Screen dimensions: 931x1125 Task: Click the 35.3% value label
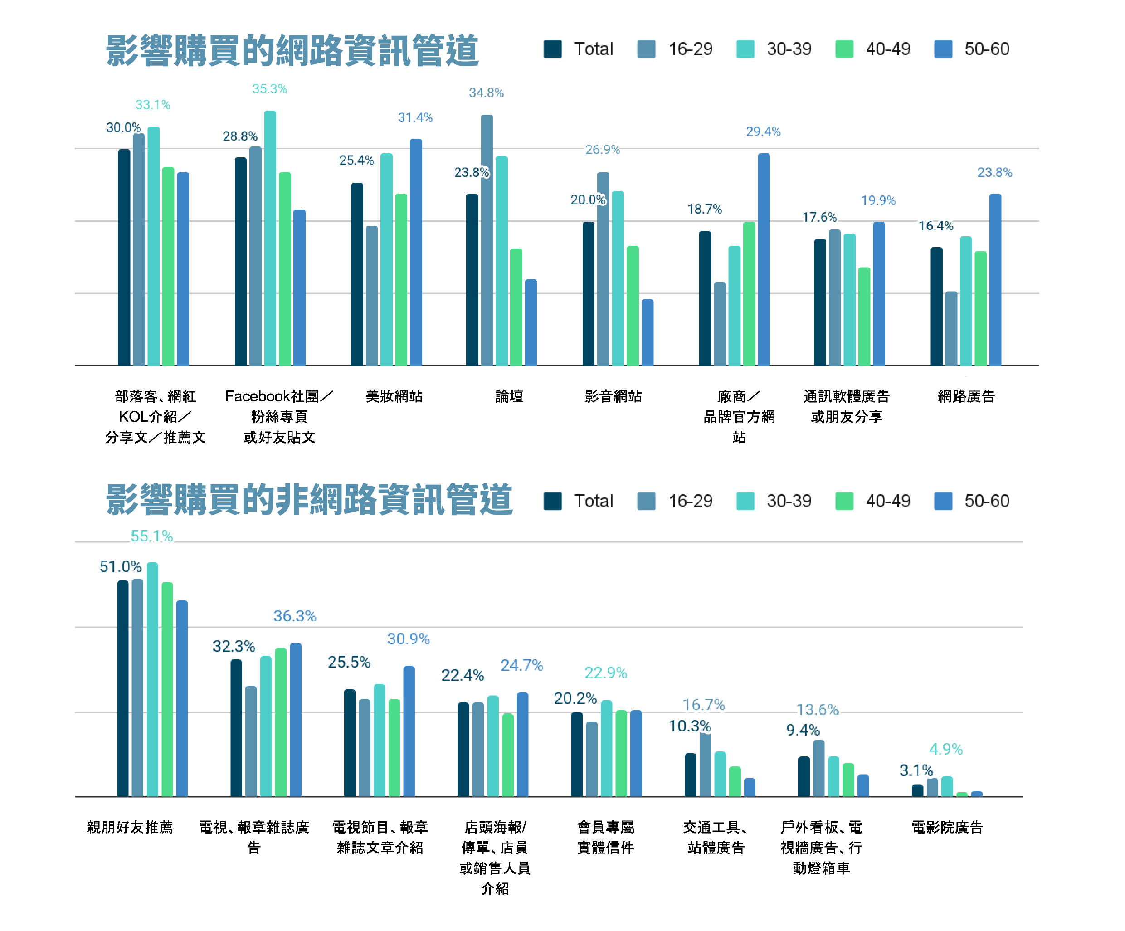pyautogui.click(x=269, y=89)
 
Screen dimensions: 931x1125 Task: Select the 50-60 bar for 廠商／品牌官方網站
pyautogui.click(x=764, y=260)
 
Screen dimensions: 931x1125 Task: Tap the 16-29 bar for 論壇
pyautogui.click(x=487, y=241)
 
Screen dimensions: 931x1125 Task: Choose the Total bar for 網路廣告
pyautogui.click(x=936, y=307)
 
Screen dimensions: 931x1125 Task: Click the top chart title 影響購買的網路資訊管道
pyautogui.click(x=292, y=51)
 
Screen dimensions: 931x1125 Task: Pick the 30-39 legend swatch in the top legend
pyautogui.click(x=745, y=49)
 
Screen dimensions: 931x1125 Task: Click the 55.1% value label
pyautogui.click(x=151, y=536)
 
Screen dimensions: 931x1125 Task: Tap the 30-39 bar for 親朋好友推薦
pyautogui.click(x=153, y=679)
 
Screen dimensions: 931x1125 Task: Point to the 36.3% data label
pyautogui.click(x=295, y=616)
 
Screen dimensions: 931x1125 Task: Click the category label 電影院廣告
pyautogui.click(x=947, y=827)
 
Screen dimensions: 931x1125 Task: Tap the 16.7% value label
pyautogui.click(x=703, y=705)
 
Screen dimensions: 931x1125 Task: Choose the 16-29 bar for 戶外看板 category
pyautogui.click(x=818, y=768)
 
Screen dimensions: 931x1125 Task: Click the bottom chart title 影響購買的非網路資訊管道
pyautogui.click(x=309, y=500)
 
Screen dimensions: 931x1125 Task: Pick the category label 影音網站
pyautogui.click(x=613, y=396)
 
